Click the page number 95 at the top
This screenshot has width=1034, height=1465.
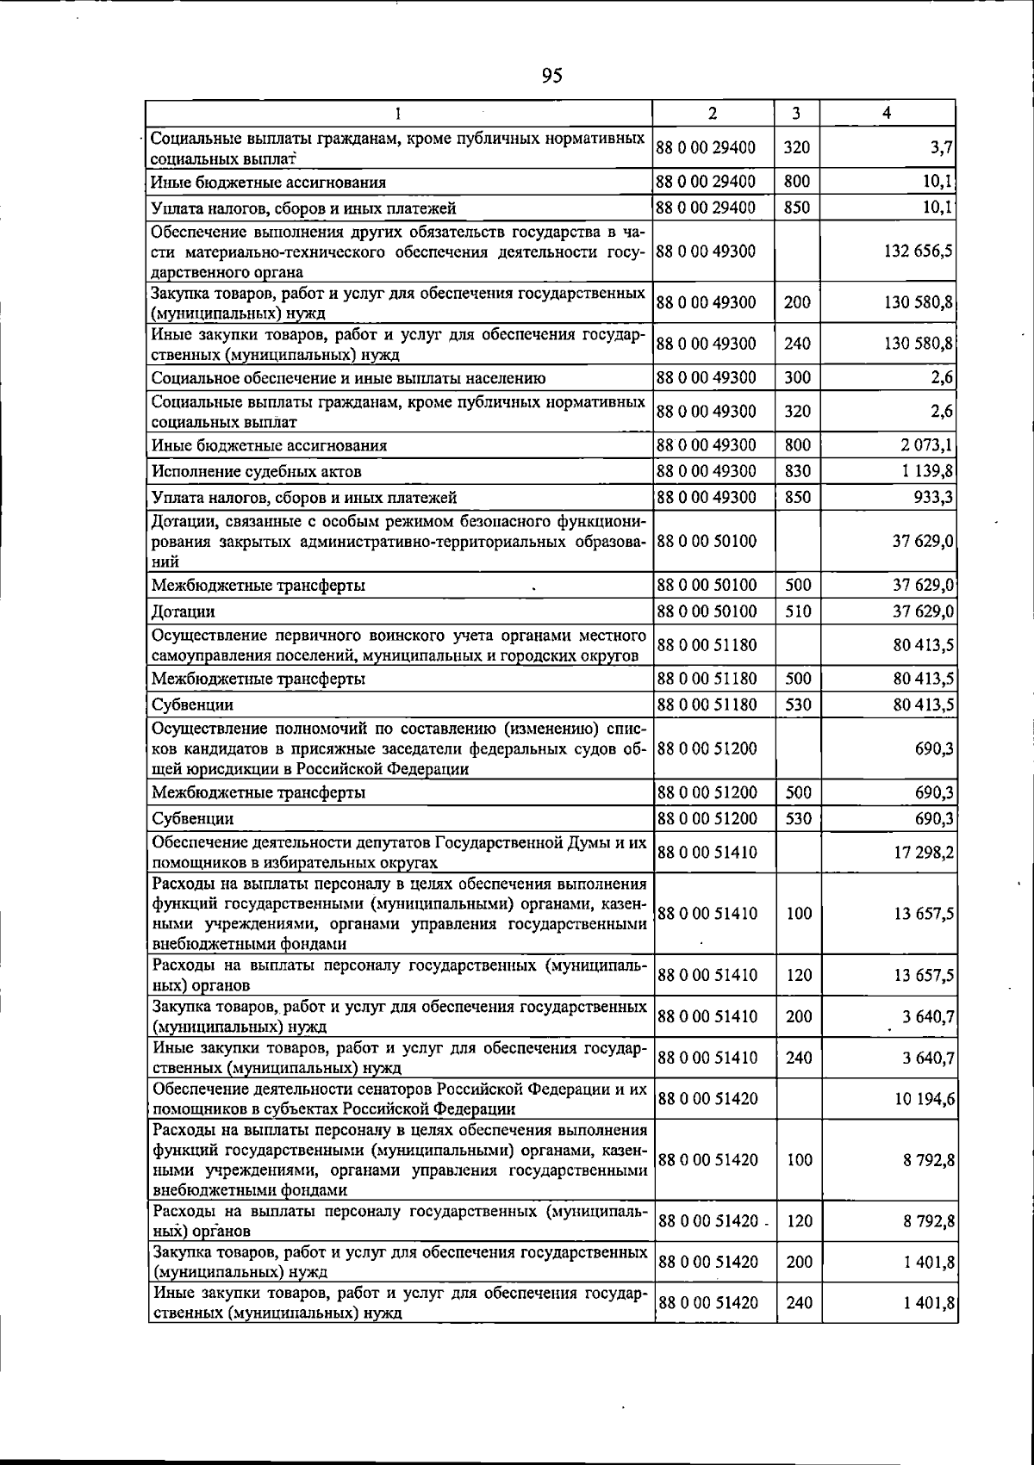[x=552, y=76]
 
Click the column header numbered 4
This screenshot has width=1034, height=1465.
[x=887, y=113]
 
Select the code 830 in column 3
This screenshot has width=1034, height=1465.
[x=797, y=472]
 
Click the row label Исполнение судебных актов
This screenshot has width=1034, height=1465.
[x=256, y=472]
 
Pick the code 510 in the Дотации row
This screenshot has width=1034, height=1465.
[x=797, y=611]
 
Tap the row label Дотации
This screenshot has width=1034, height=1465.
[x=183, y=611]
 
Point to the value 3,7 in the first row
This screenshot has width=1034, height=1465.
[x=941, y=147]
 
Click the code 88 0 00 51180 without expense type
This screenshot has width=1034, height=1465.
[x=707, y=645]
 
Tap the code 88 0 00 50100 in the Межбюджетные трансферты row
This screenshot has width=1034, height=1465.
[x=707, y=586]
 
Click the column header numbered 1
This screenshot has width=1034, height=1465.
[x=397, y=113]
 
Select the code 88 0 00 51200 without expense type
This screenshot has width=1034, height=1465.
[x=707, y=748]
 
